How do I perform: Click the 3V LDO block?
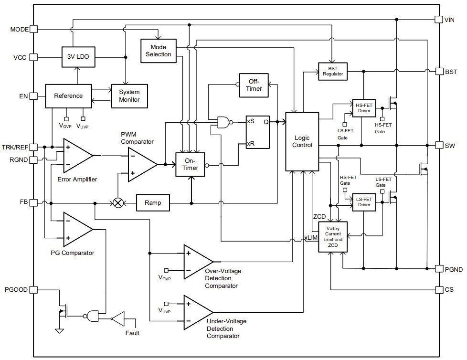click(x=77, y=57)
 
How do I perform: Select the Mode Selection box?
click(x=158, y=51)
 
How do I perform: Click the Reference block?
click(x=68, y=96)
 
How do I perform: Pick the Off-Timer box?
click(x=254, y=85)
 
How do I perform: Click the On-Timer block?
click(x=191, y=165)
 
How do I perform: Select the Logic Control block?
click(x=302, y=141)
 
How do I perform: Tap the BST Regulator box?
click(x=332, y=71)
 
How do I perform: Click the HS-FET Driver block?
click(x=363, y=108)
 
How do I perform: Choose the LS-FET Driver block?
click(x=363, y=202)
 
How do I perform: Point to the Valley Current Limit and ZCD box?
click(x=332, y=237)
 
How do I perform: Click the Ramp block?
click(x=153, y=202)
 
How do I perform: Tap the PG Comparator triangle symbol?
click(x=76, y=229)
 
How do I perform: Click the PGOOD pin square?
click(x=33, y=290)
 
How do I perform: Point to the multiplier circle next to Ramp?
click(x=117, y=202)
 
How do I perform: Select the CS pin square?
click(x=438, y=290)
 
